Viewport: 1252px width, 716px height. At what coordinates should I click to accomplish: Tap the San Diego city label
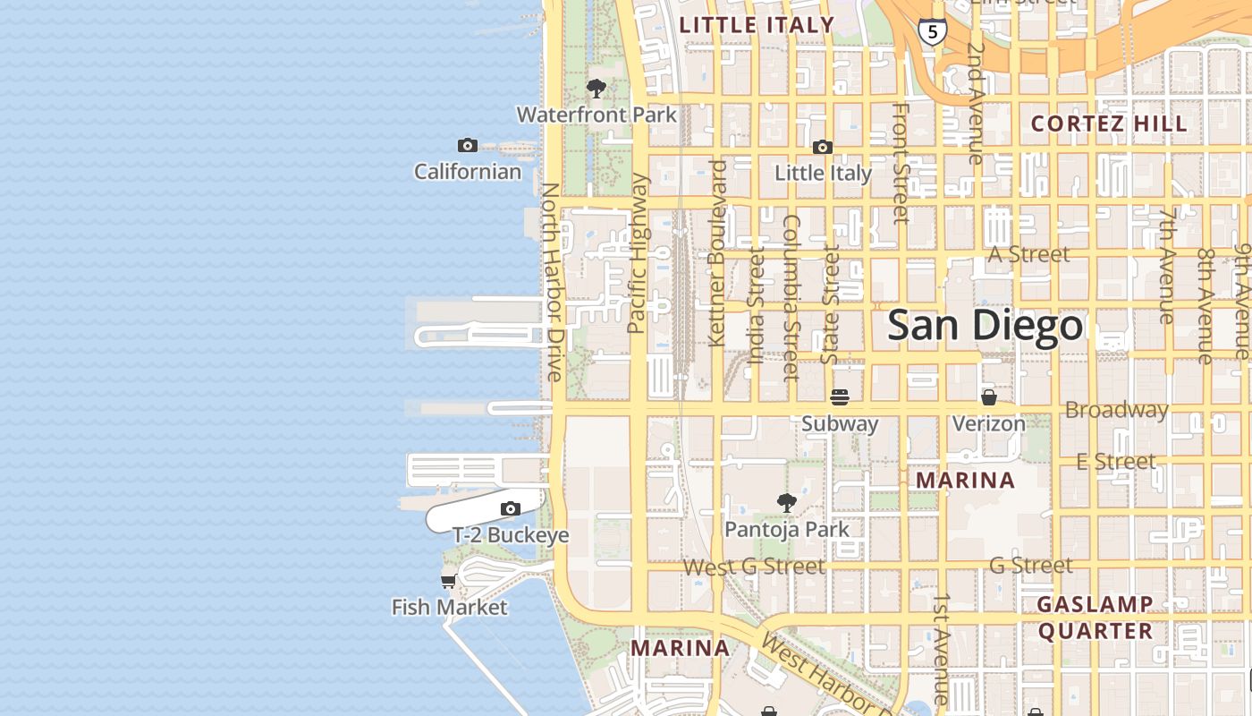tap(986, 325)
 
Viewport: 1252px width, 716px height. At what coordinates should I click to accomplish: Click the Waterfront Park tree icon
tap(596, 89)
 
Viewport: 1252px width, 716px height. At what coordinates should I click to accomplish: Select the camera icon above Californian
tap(467, 146)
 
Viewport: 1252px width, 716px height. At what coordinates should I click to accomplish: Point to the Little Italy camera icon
tap(823, 148)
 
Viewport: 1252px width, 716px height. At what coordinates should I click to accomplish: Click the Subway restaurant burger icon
tap(839, 396)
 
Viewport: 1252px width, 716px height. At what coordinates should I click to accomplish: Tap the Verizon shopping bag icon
tap(989, 396)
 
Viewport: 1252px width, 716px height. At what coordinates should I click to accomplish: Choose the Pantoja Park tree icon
tap(787, 503)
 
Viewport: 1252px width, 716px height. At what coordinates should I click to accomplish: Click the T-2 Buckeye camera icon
tap(511, 509)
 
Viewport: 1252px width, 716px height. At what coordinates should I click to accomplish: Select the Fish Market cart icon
tap(449, 582)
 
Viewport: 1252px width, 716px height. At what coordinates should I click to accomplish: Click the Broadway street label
tap(1116, 410)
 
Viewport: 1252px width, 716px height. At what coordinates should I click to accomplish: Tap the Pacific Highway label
tap(638, 253)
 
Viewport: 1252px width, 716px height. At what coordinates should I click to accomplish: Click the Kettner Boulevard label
tap(716, 253)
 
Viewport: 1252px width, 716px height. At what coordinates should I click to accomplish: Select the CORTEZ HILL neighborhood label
tap(1110, 124)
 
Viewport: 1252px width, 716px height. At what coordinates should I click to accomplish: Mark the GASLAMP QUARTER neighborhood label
tap(1095, 618)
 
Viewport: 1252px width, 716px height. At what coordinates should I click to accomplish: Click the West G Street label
tap(754, 567)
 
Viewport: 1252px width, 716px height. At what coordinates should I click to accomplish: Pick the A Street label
tap(1028, 255)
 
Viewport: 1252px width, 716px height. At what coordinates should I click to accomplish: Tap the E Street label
tap(1116, 462)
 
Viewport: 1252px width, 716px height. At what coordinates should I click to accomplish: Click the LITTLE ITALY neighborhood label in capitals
tap(757, 25)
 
